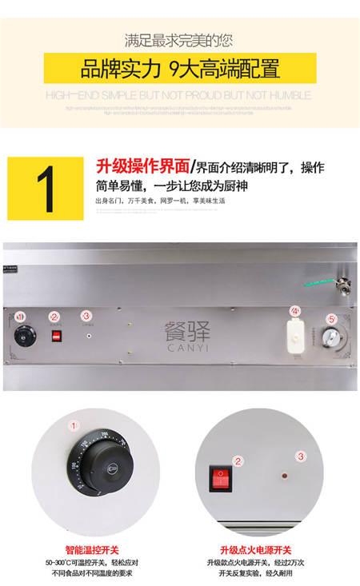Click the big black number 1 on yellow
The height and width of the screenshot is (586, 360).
[46, 189]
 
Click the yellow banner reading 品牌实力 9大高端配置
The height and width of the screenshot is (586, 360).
[179, 68]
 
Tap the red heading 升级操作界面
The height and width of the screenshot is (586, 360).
[143, 167]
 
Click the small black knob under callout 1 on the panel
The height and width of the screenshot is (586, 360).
[21, 337]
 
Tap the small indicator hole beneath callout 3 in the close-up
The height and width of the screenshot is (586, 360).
[284, 476]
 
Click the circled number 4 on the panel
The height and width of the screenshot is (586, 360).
[295, 310]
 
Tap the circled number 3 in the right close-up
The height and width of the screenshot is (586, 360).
[301, 456]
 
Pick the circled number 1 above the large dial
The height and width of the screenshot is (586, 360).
[74, 426]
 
